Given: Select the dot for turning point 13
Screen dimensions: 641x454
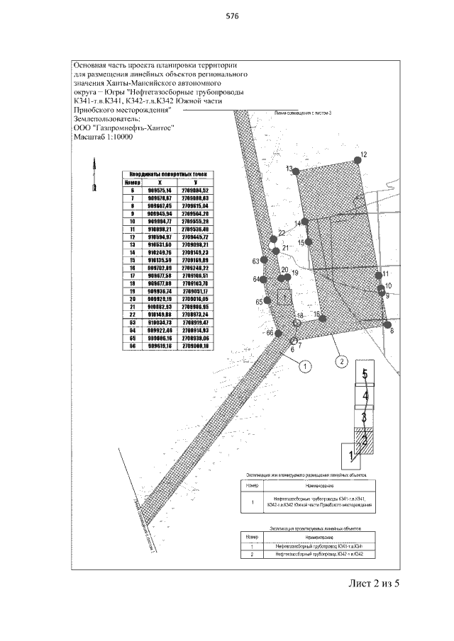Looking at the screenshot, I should point(297,170).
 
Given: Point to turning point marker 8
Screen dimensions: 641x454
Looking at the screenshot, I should point(387,325).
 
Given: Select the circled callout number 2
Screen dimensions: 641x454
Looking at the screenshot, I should point(341,361).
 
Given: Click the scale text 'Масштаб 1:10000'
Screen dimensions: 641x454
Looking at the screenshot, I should point(109,139).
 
